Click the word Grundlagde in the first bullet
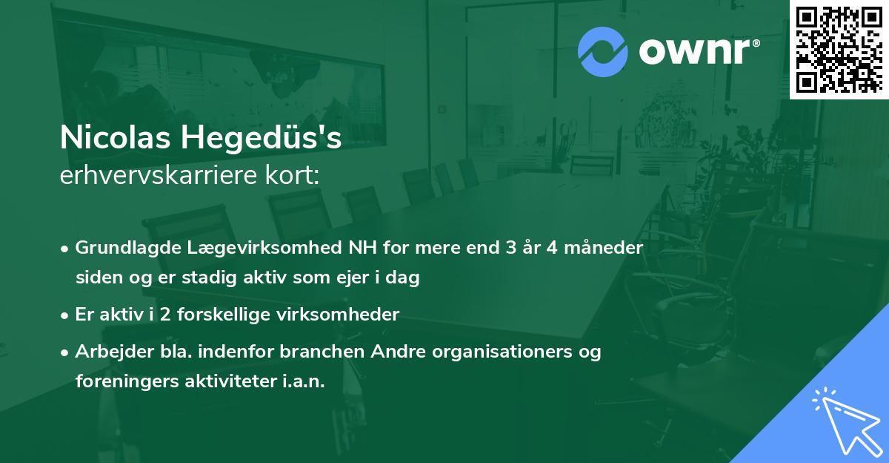121,247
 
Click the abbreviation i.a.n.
303,381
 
